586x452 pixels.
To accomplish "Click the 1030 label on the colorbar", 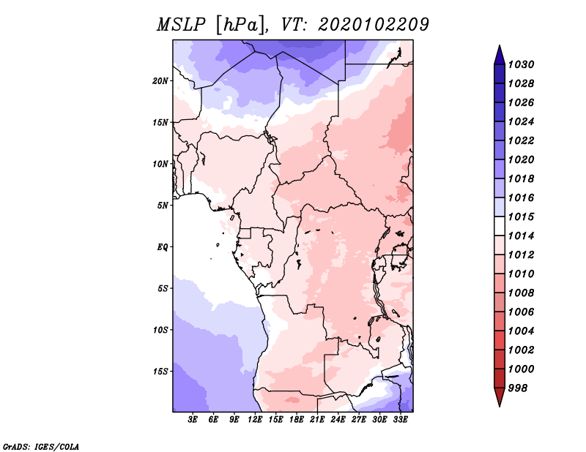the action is (x=522, y=64).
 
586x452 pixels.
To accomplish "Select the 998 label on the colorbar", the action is (x=518, y=388).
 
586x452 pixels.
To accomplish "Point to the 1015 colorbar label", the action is (x=522, y=216).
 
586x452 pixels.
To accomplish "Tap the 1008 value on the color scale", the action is (x=522, y=293).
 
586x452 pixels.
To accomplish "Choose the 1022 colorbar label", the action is (x=522, y=140).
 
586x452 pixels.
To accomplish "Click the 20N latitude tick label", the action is (x=160, y=81).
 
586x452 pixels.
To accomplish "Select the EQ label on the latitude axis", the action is (x=163, y=247).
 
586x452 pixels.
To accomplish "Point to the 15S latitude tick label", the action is (x=160, y=372).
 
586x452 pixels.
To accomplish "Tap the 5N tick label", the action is (x=163, y=206).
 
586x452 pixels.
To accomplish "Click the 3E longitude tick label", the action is (x=193, y=420).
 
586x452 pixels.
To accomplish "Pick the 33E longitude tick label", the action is (x=400, y=420).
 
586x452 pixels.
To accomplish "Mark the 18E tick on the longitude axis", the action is (x=297, y=420).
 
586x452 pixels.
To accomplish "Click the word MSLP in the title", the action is (x=181, y=25).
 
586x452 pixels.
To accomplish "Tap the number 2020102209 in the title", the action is (x=374, y=25).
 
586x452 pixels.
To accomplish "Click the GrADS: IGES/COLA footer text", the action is (x=41, y=447).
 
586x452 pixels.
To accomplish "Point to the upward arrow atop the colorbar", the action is (x=500, y=55).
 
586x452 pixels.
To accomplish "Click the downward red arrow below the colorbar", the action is (x=500, y=397).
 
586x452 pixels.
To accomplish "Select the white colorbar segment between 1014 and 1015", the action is (x=500, y=226).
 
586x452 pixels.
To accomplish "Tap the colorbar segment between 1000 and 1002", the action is (x=500, y=359).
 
